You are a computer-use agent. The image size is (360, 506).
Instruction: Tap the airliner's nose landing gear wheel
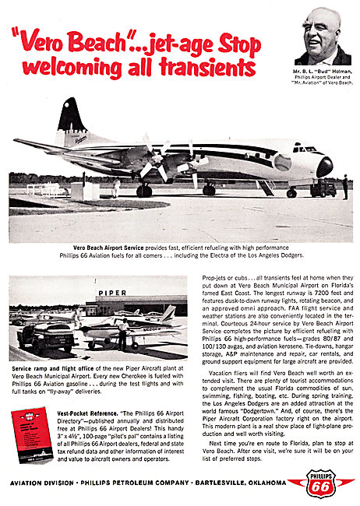tap(291, 192)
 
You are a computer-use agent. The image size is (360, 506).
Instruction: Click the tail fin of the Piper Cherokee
tap(168, 313)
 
